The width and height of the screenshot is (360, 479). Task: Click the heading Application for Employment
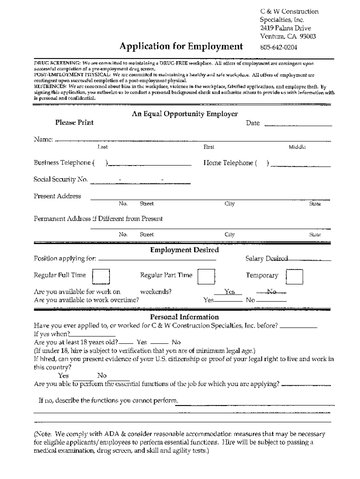pos(181,46)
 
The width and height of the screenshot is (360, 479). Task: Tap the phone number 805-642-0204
pos(279,47)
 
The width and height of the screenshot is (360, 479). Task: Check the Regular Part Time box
pos(206,276)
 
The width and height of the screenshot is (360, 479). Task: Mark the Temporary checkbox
pos(295,276)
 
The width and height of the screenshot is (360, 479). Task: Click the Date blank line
pos(298,124)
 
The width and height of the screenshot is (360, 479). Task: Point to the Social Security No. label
pos(60,179)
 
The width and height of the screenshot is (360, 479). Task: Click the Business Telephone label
pos(62,163)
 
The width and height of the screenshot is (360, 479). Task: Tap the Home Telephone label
pos(229,163)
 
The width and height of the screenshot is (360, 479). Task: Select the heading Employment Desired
pos(184,250)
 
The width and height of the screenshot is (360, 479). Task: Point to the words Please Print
pos(74,123)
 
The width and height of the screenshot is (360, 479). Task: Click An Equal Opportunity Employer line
pos(184,114)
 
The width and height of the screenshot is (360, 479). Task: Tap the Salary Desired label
pos(266,259)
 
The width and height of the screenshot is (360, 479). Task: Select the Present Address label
pos(57,196)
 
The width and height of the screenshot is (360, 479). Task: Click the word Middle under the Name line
pos(297,147)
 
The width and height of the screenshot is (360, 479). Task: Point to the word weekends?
pos(156,291)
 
